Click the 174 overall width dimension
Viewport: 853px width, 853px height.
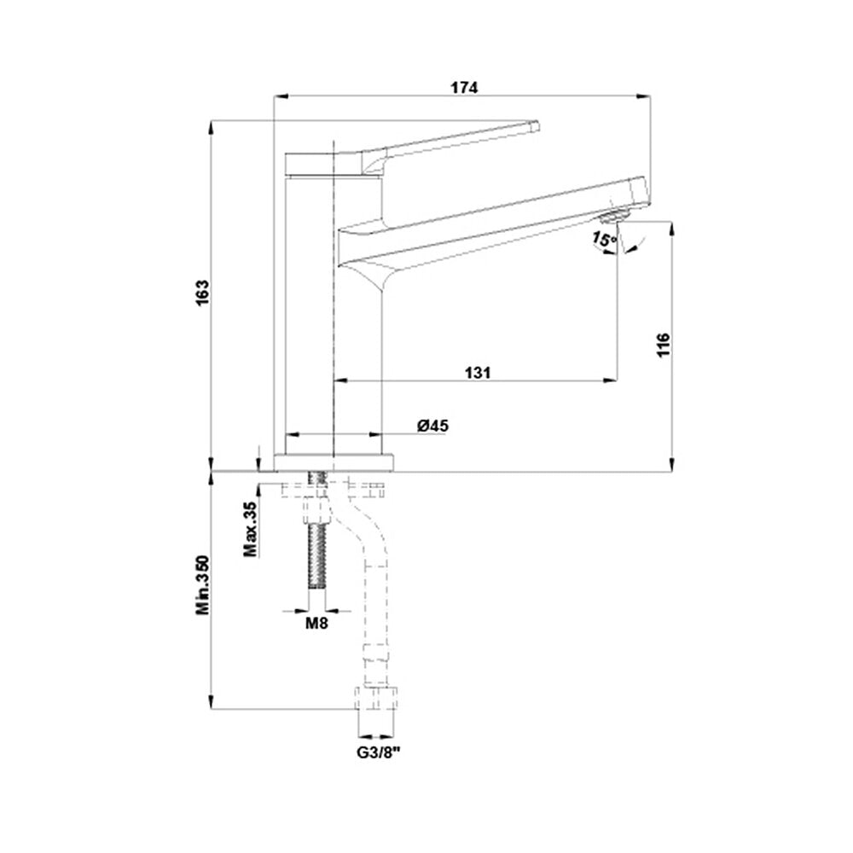[x=464, y=87]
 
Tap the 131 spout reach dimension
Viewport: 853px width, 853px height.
[x=478, y=372]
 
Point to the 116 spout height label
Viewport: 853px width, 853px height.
[x=664, y=345]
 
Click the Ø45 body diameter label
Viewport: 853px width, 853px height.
[x=433, y=425]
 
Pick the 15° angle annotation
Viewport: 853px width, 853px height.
[x=604, y=240]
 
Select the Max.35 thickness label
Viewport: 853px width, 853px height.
[x=250, y=529]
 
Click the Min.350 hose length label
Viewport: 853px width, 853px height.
[x=202, y=585]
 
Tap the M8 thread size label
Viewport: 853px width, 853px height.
[x=316, y=624]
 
